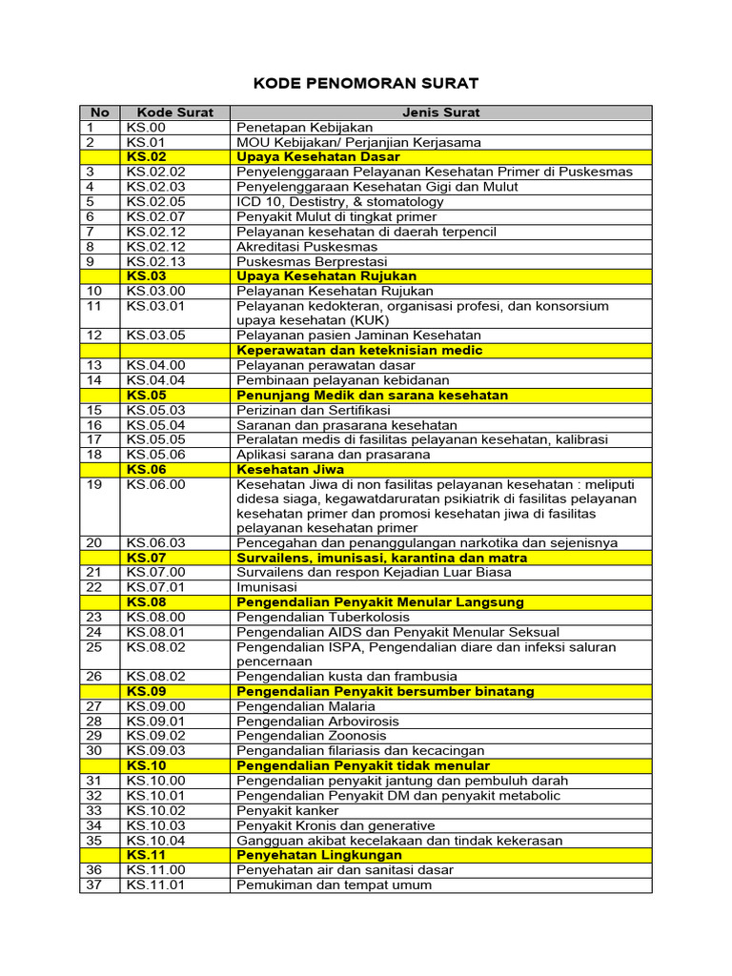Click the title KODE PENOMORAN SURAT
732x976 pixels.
[x=366, y=83]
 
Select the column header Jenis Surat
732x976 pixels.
[x=440, y=112]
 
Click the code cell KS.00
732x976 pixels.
[x=146, y=128]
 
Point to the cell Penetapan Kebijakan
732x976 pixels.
[x=305, y=128]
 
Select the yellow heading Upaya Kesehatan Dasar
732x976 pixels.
[x=318, y=157]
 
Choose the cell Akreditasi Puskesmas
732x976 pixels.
[x=307, y=247]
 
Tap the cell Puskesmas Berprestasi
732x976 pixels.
[x=313, y=261]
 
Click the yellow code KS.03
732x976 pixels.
[x=146, y=276]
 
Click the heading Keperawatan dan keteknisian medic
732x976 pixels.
[x=359, y=351]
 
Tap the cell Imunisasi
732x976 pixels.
[x=268, y=587]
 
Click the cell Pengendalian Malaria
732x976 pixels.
[x=306, y=707]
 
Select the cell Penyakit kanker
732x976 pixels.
[x=287, y=811]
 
